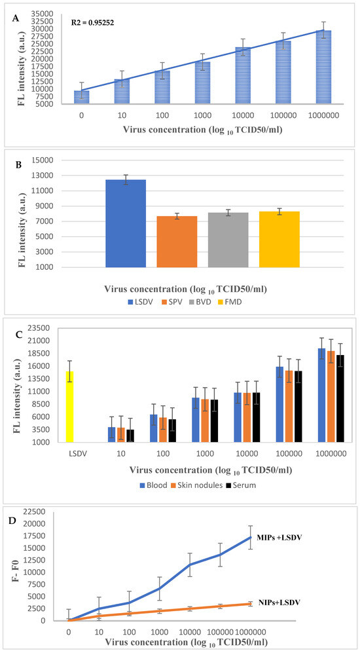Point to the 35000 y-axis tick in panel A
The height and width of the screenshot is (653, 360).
tap(46, 13)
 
